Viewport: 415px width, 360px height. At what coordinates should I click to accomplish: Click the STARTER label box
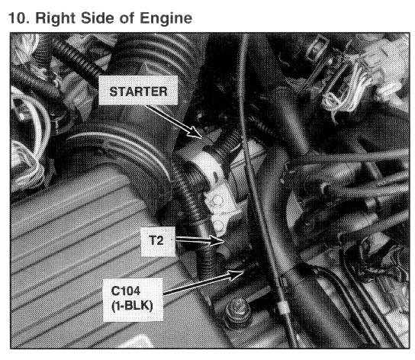(x=138, y=90)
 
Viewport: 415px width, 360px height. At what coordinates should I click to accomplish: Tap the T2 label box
(x=158, y=241)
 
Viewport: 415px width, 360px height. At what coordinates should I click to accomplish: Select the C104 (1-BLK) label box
(x=133, y=300)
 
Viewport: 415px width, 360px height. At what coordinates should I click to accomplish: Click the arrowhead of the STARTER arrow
(x=196, y=133)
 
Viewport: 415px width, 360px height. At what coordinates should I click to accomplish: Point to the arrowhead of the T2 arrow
(x=217, y=240)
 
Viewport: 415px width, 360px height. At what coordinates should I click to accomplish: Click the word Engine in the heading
(x=166, y=19)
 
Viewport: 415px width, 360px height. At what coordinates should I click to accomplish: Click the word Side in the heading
(x=98, y=18)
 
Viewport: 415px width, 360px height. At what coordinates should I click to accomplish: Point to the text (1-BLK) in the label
(x=132, y=307)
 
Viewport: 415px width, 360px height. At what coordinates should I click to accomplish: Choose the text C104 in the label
(x=126, y=291)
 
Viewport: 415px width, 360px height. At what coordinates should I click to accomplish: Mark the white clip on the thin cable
(x=282, y=307)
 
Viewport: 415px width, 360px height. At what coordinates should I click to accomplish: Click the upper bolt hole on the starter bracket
(x=217, y=201)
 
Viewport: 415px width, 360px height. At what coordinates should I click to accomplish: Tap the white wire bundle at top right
(x=346, y=88)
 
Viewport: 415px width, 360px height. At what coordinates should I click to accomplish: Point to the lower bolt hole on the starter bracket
(x=219, y=226)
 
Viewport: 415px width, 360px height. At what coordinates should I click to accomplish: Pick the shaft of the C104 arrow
(x=197, y=284)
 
